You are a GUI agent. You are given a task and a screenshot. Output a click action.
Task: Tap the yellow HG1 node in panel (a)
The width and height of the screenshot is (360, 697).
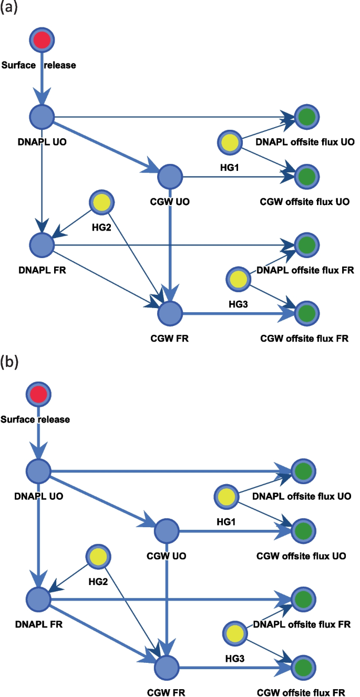point(230,142)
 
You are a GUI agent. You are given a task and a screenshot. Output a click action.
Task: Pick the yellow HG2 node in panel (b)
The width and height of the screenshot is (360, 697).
point(98,556)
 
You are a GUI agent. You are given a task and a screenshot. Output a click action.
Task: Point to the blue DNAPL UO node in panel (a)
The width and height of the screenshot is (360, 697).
point(42,116)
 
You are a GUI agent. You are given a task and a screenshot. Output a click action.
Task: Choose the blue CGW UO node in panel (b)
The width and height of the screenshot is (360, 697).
point(167,532)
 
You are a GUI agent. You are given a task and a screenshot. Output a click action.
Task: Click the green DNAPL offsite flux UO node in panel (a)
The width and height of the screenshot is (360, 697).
point(306,116)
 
